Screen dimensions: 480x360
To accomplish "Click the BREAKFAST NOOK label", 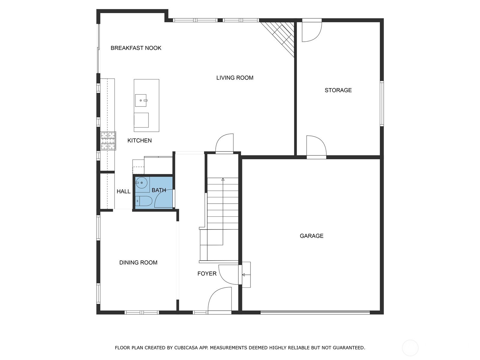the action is (136, 48).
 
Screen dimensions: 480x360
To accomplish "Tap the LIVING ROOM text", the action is (235, 78).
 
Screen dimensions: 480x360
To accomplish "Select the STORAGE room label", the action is (338, 90).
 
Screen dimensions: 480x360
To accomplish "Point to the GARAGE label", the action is (311, 236).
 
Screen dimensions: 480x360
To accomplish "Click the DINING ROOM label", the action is (138, 262).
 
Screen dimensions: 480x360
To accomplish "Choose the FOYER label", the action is (207, 273).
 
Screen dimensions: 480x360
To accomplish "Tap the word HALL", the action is (124, 191).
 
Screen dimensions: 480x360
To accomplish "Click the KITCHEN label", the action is (139, 140).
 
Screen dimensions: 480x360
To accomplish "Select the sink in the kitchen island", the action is (141, 100).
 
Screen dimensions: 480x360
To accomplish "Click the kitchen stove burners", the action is (108, 141).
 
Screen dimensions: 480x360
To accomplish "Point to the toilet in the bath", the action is (144, 201).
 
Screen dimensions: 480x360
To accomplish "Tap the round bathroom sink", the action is (142, 183).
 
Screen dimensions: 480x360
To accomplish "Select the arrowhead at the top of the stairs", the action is (223, 179).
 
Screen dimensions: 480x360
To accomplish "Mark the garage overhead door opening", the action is (315, 312).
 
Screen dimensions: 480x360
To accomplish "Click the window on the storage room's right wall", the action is (382, 103).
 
